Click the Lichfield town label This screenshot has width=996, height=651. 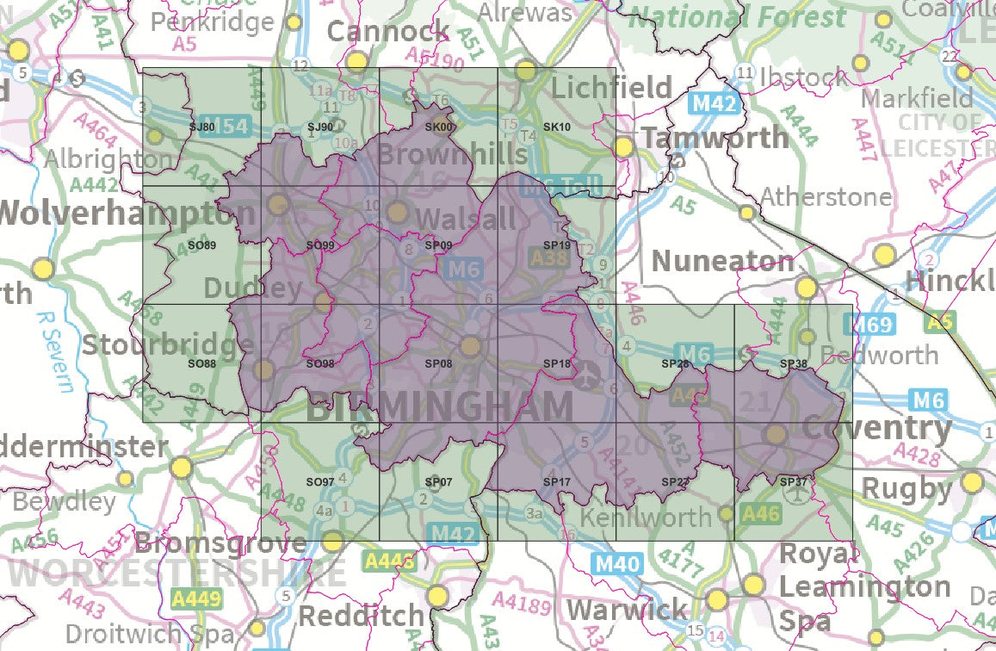611,87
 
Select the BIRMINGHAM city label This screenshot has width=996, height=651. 439,406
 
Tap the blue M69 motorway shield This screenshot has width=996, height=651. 866,325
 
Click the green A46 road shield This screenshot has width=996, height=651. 760,514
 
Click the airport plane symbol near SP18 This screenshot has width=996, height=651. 588,375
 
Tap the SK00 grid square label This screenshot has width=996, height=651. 438,128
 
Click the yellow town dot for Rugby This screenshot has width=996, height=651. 973,481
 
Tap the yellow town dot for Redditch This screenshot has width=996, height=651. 438,596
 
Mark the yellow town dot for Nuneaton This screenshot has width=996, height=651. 807,287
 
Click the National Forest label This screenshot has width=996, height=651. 738,16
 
